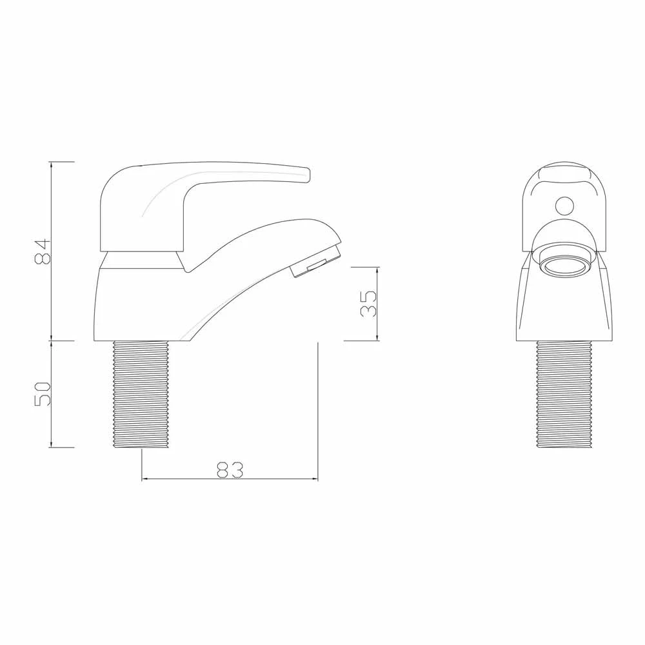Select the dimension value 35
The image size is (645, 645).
[368, 303]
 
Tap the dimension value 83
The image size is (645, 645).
[230, 470]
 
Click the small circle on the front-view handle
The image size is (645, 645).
[565, 206]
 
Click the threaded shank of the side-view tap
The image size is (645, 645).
[143, 394]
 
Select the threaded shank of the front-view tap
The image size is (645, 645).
[564, 394]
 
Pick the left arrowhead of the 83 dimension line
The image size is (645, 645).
[144, 479]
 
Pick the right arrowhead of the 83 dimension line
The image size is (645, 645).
[315, 479]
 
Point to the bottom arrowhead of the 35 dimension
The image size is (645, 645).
[377, 337]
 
